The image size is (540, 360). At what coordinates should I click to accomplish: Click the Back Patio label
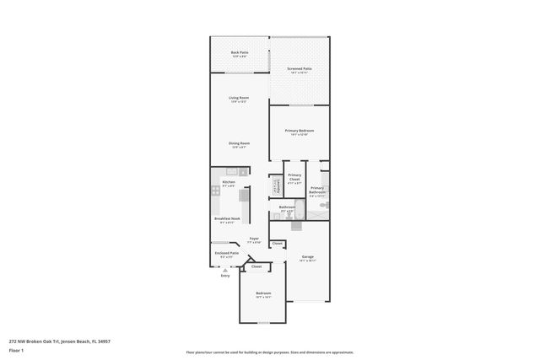click(x=240, y=53)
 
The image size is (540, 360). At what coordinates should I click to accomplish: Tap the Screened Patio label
click(x=300, y=69)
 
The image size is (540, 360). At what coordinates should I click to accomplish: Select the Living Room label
click(x=239, y=99)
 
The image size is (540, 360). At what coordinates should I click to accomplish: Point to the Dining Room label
click(x=239, y=144)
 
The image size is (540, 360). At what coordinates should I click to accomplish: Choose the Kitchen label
click(x=229, y=183)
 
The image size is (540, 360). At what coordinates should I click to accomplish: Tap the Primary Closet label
click(x=294, y=177)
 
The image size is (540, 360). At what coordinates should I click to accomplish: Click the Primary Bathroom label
click(x=317, y=191)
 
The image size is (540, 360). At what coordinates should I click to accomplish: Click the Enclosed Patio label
click(x=227, y=254)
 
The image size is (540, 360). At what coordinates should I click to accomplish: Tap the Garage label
click(x=308, y=257)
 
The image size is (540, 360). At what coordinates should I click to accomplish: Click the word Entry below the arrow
click(x=224, y=276)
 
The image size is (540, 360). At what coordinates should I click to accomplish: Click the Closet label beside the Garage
click(x=278, y=243)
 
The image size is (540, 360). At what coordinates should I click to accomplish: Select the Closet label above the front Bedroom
click(x=256, y=266)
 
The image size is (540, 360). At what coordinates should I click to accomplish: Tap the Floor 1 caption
click(x=17, y=350)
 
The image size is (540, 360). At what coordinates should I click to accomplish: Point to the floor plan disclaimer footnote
click(x=270, y=352)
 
